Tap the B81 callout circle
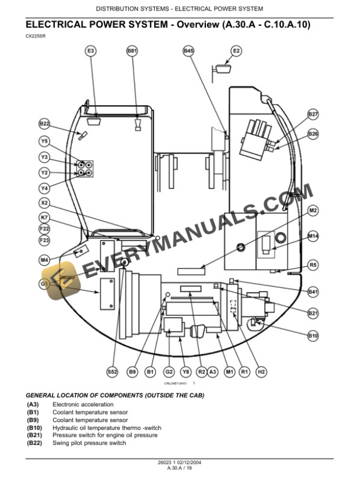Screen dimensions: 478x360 pos(132,52)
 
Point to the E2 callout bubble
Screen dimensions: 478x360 pos(235,52)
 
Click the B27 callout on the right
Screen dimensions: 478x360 pos(313,114)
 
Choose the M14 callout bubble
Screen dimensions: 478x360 pos(313,236)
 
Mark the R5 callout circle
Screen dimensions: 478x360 pos(313,265)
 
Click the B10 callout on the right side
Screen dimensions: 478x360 pos(313,336)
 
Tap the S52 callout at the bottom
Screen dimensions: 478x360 pos(112,372)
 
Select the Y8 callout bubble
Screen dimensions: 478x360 pos(186,372)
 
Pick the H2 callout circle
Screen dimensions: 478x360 pos(262,372)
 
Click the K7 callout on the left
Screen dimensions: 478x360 pos(45,218)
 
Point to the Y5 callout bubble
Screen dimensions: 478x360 pos(45,141)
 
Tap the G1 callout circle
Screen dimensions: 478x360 pos(45,283)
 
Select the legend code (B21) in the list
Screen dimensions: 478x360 pos(34,435)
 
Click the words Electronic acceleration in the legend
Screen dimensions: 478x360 pos(83,405)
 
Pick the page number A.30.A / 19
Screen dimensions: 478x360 pos(179,468)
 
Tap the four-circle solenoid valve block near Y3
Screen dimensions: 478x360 pos(84,170)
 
